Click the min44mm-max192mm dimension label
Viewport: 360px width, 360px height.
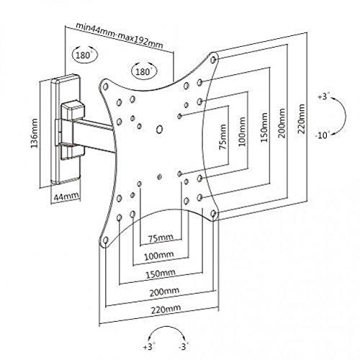[x=120, y=36]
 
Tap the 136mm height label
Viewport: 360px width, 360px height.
[x=35, y=132]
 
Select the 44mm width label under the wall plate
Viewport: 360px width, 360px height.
[x=66, y=197]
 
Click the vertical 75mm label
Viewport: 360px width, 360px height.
[x=223, y=137]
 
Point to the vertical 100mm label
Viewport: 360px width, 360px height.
[x=242, y=132]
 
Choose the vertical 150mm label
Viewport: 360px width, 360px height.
[x=264, y=127]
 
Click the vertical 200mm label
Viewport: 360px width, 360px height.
[x=282, y=123]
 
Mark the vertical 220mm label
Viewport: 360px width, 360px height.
[x=301, y=119]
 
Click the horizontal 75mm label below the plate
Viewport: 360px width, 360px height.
[x=160, y=238]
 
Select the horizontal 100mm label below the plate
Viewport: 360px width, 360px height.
[x=158, y=256]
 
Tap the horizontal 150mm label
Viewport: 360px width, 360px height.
[x=161, y=274]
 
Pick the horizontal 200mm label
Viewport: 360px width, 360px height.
[x=164, y=292]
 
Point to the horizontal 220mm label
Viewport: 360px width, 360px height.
[x=166, y=309]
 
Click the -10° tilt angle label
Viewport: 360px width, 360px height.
[x=322, y=135]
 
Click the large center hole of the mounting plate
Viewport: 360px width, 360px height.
[x=159, y=129]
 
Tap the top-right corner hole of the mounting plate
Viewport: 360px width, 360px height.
[x=213, y=59]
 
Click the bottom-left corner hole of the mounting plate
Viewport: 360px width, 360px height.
[x=105, y=240]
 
